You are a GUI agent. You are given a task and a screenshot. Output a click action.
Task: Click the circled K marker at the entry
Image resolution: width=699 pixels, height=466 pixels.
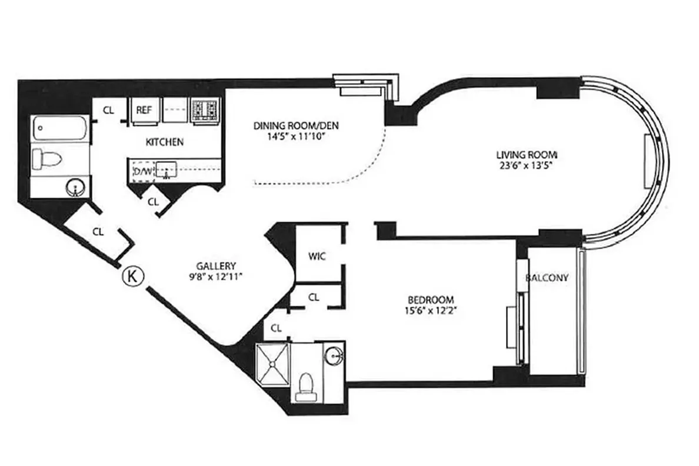(133, 276)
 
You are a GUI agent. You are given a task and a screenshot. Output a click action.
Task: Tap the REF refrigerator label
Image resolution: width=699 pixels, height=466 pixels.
(144, 110)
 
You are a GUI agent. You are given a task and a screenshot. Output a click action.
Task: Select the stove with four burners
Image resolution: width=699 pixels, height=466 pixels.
(205, 110)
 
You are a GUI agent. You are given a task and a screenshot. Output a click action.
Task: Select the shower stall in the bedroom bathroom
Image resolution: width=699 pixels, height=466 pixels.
(274, 364)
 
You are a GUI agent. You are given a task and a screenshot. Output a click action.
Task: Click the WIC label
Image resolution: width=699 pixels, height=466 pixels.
(317, 257)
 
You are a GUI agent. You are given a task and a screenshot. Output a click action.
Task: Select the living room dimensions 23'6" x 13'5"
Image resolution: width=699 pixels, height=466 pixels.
(525, 165)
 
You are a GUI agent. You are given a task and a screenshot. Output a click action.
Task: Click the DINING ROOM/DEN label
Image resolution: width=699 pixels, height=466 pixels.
(296, 126)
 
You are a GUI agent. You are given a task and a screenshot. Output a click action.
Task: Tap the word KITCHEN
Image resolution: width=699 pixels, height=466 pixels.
(164, 142)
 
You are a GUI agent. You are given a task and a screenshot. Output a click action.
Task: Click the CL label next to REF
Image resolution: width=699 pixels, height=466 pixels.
(109, 110)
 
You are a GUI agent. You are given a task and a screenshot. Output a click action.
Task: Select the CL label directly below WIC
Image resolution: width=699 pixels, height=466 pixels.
(314, 298)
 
